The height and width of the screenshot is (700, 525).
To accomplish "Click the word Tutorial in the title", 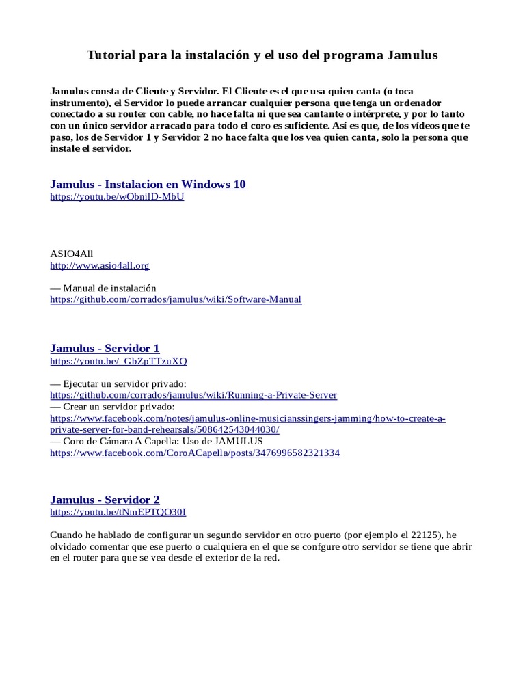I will pyautogui.click(x=111, y=55).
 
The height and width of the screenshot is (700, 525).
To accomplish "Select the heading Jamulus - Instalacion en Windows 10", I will pyautogui.click(x=148, y=184).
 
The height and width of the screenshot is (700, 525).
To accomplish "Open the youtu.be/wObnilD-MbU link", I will pyautogui.click(x=117, y=197).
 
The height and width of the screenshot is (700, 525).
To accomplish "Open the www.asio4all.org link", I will pyautogui.click(x=100, y=265).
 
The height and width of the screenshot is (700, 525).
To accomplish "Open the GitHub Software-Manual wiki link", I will pyautogui.click(x=176, y=299).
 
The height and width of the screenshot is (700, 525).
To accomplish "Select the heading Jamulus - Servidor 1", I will pyautogui.click(x=105, y=348).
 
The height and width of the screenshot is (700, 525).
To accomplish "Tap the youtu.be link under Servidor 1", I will pyautogui.click(x=118, y=361).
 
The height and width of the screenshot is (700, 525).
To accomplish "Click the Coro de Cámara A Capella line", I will pyautogui.click(x=157, y=441).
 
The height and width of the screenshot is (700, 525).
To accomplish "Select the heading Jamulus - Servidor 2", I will pyautogui.click(x=105, y=500).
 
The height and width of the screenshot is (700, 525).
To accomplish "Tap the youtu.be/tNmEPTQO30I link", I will pyautogui.click(x=118, y=512).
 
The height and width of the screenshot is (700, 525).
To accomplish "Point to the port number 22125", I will pyautogui.click(x=422, y=535).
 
